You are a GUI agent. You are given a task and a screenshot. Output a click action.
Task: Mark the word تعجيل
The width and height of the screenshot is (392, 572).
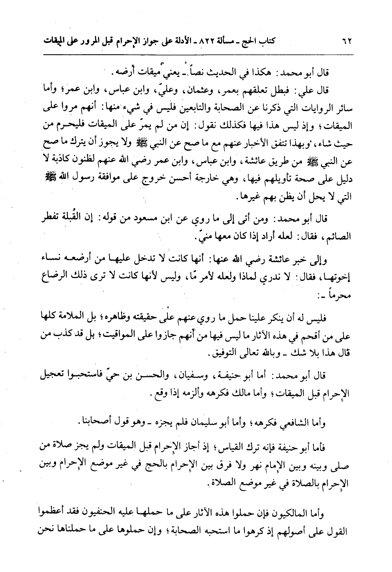point(58,374)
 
